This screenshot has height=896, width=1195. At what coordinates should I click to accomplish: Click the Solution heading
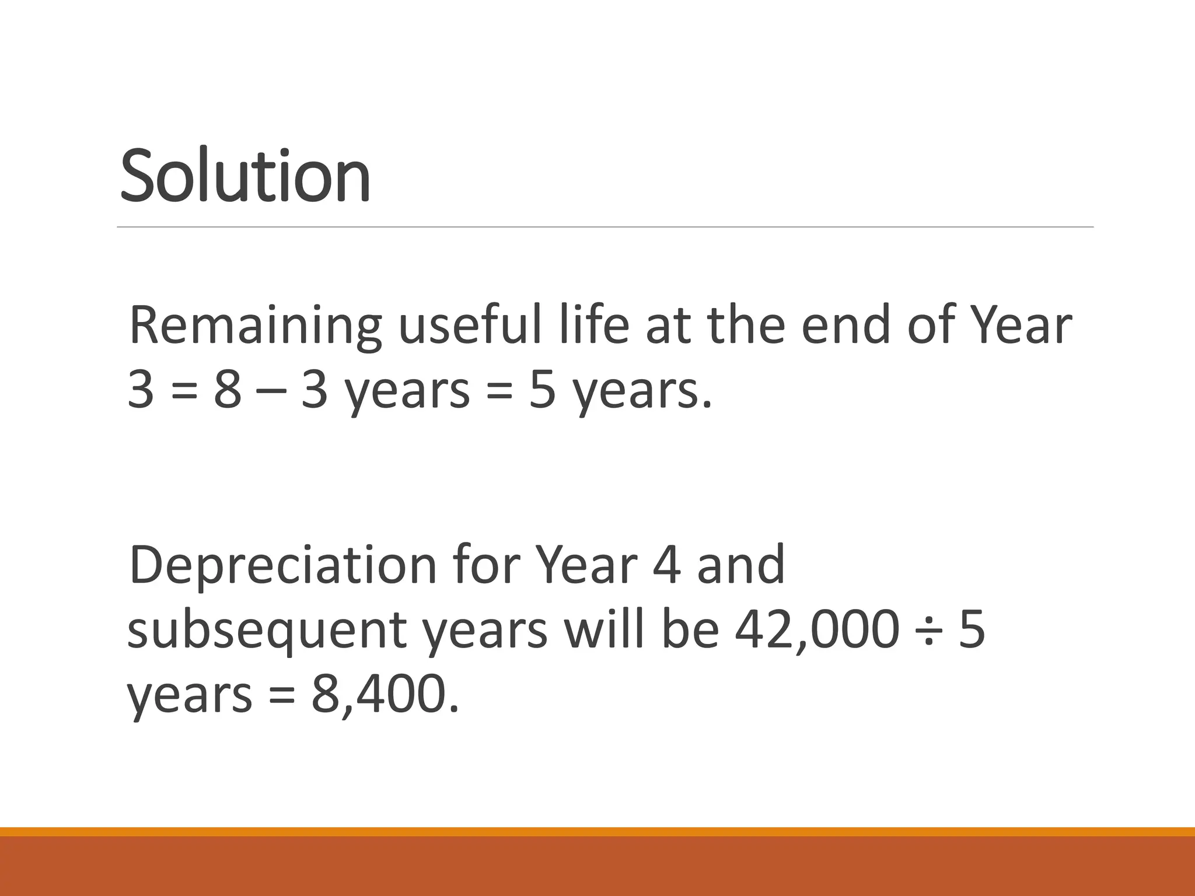click(245, 175)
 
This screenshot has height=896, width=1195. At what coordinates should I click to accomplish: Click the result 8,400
click(385, 695)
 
